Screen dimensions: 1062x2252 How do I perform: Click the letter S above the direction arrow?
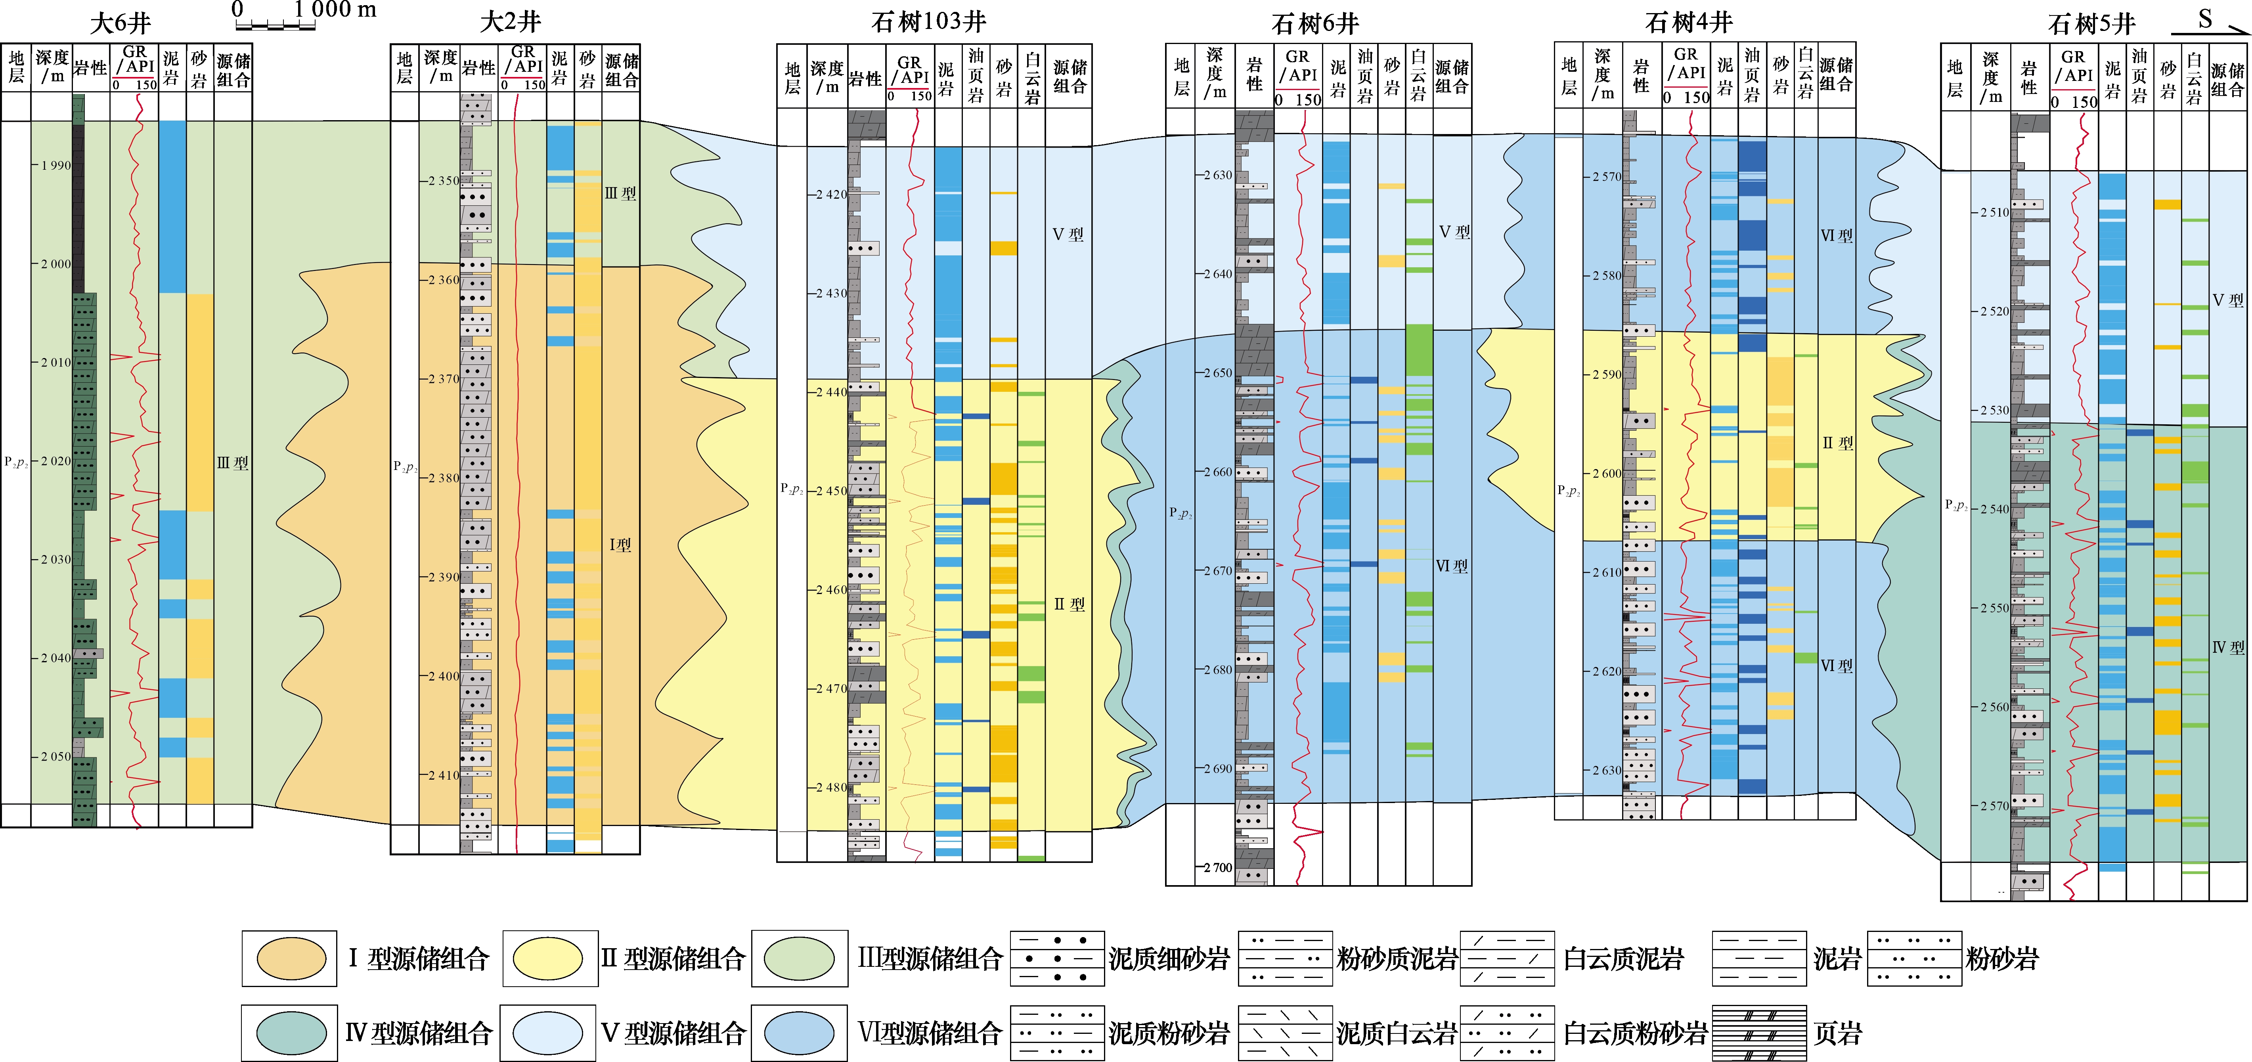pyautogui.click(x=2205, y=18)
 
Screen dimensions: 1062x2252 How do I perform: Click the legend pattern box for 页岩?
pyautogui.click(x=1759, y=1033)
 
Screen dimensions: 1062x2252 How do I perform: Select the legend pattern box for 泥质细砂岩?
pyautogui.click(x=1057, y=959)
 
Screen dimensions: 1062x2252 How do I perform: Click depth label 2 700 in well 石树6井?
pyautogui.click(x=1217, y=868)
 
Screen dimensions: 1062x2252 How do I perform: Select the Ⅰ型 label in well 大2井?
pyautogui.click(x=620, y=545)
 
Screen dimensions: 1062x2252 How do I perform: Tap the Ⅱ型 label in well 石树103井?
pyautogui.click(x=1068, y=604)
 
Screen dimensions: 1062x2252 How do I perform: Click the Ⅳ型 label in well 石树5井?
pyautogui.click(x=2227, y=647)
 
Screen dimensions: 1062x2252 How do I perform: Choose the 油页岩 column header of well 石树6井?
pyautogui.click(x=1365, y=76)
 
